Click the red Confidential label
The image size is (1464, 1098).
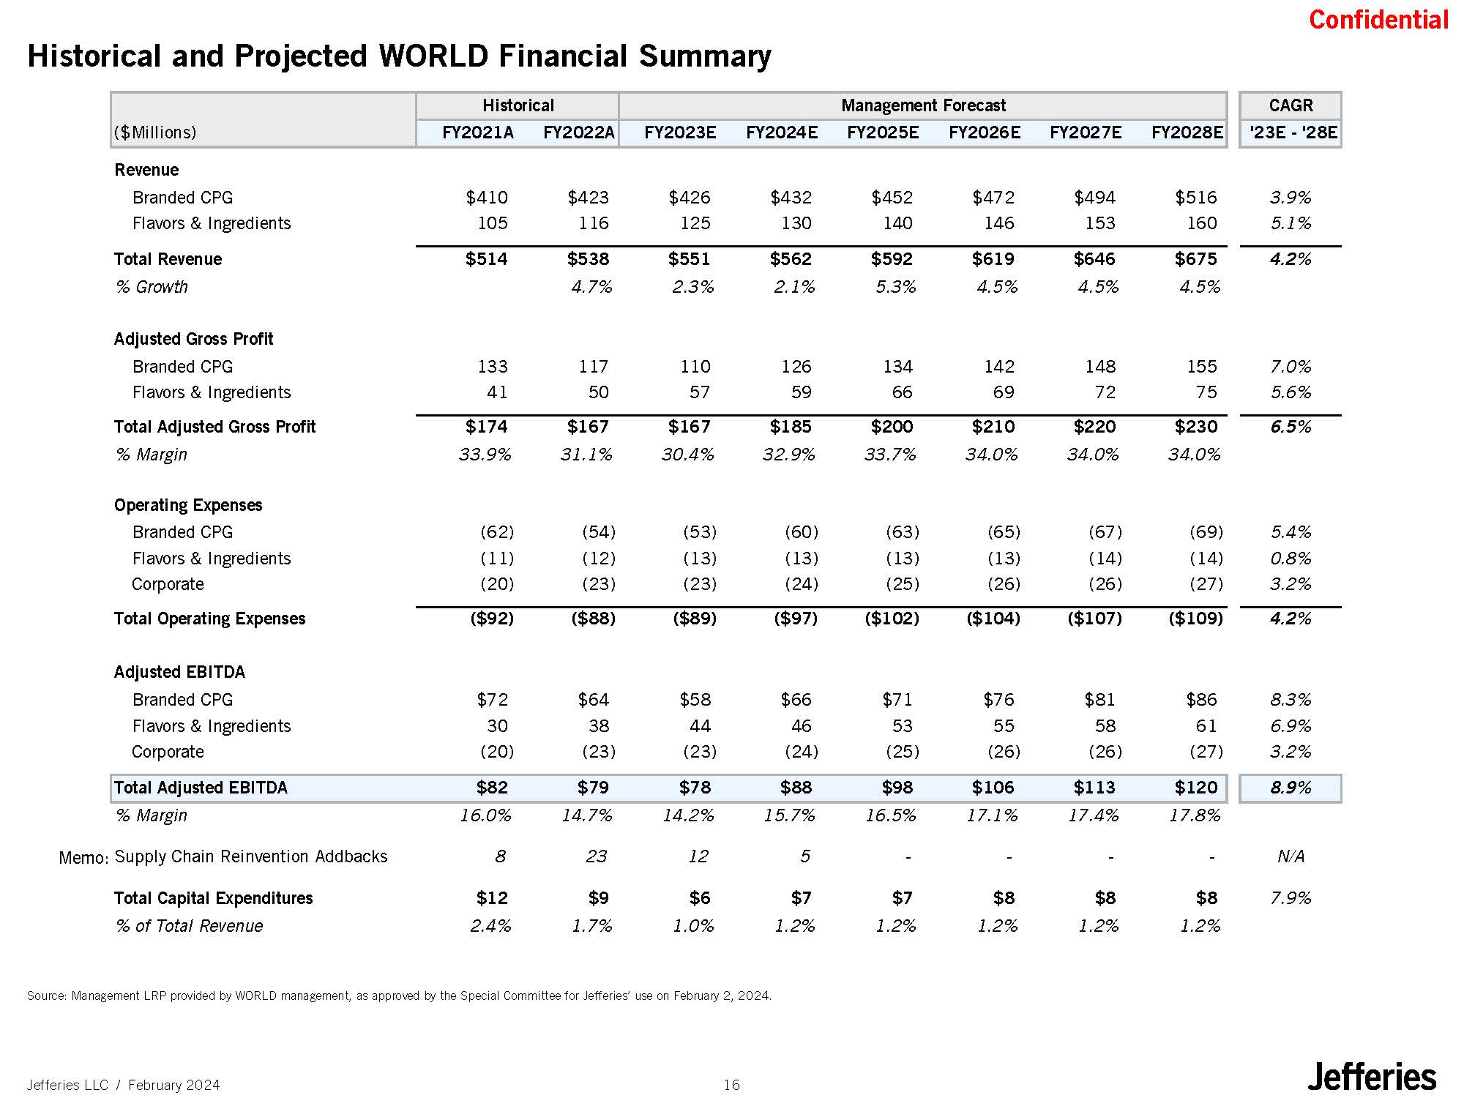tap(1378, 20)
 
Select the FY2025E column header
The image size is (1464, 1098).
tap(882, 132)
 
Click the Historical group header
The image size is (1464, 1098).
tap(518, 105)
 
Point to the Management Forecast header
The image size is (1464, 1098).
tap(923, 105)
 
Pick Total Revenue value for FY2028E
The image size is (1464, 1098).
tap(1195, 259)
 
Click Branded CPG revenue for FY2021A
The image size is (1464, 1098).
tap(487, 198)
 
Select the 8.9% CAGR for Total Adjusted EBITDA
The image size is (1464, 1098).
tap(1290, 788)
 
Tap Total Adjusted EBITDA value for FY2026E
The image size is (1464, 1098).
tap(993, 788)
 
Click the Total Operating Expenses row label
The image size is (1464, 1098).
tap(209, 619)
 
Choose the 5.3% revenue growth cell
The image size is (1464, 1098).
tap(895, 287)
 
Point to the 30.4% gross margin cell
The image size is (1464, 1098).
tap(687, 455)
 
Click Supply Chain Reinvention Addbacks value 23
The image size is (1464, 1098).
tap(596, 856)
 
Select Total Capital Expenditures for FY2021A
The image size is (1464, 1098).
tap(492, 898)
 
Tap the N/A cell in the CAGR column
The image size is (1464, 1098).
tap(1290, 856)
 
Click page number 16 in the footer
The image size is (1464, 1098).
tap(731, 1085)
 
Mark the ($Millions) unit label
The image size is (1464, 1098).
tap(155, 132)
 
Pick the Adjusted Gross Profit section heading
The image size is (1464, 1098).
tap(193, 339)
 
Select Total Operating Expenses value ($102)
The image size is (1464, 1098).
tap(892, 619)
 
